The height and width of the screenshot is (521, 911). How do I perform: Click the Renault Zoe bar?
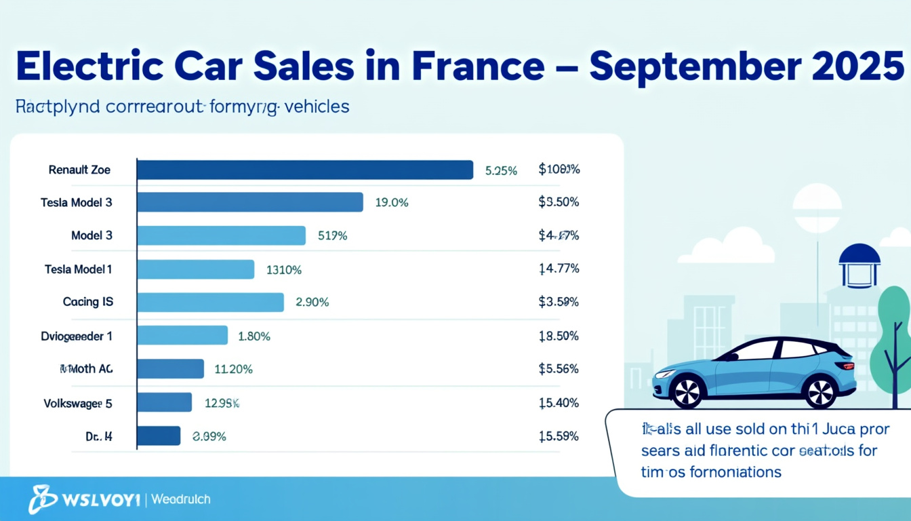tap(305, 170)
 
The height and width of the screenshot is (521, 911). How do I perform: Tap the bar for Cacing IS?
tap(210, 303)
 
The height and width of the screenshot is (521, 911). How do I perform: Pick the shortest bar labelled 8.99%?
tap(159, 436)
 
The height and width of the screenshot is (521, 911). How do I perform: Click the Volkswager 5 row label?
tap(77, 403)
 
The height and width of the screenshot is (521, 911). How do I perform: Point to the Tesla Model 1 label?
tap(78, 269)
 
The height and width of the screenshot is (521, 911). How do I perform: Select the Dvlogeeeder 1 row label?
tap(77, 336)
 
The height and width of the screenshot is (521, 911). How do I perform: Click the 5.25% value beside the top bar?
tap(501, 171)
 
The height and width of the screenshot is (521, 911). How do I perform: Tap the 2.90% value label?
tap(312, 303)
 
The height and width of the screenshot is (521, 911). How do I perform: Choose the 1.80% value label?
tap(254, 336)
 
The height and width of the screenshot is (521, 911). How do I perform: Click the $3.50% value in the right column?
tap(559, 202)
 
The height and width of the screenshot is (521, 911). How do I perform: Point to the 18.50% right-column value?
tap(559, 336)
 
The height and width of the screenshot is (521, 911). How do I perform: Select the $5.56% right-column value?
tap(559, 369)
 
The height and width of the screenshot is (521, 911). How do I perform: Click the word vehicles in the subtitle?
tap(317, 107)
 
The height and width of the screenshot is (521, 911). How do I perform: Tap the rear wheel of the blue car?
tap(821, 391)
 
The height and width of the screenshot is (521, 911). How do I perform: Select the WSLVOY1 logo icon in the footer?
tap(42, 499)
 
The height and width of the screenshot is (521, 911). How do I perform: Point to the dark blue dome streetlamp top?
tap(859, 256)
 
